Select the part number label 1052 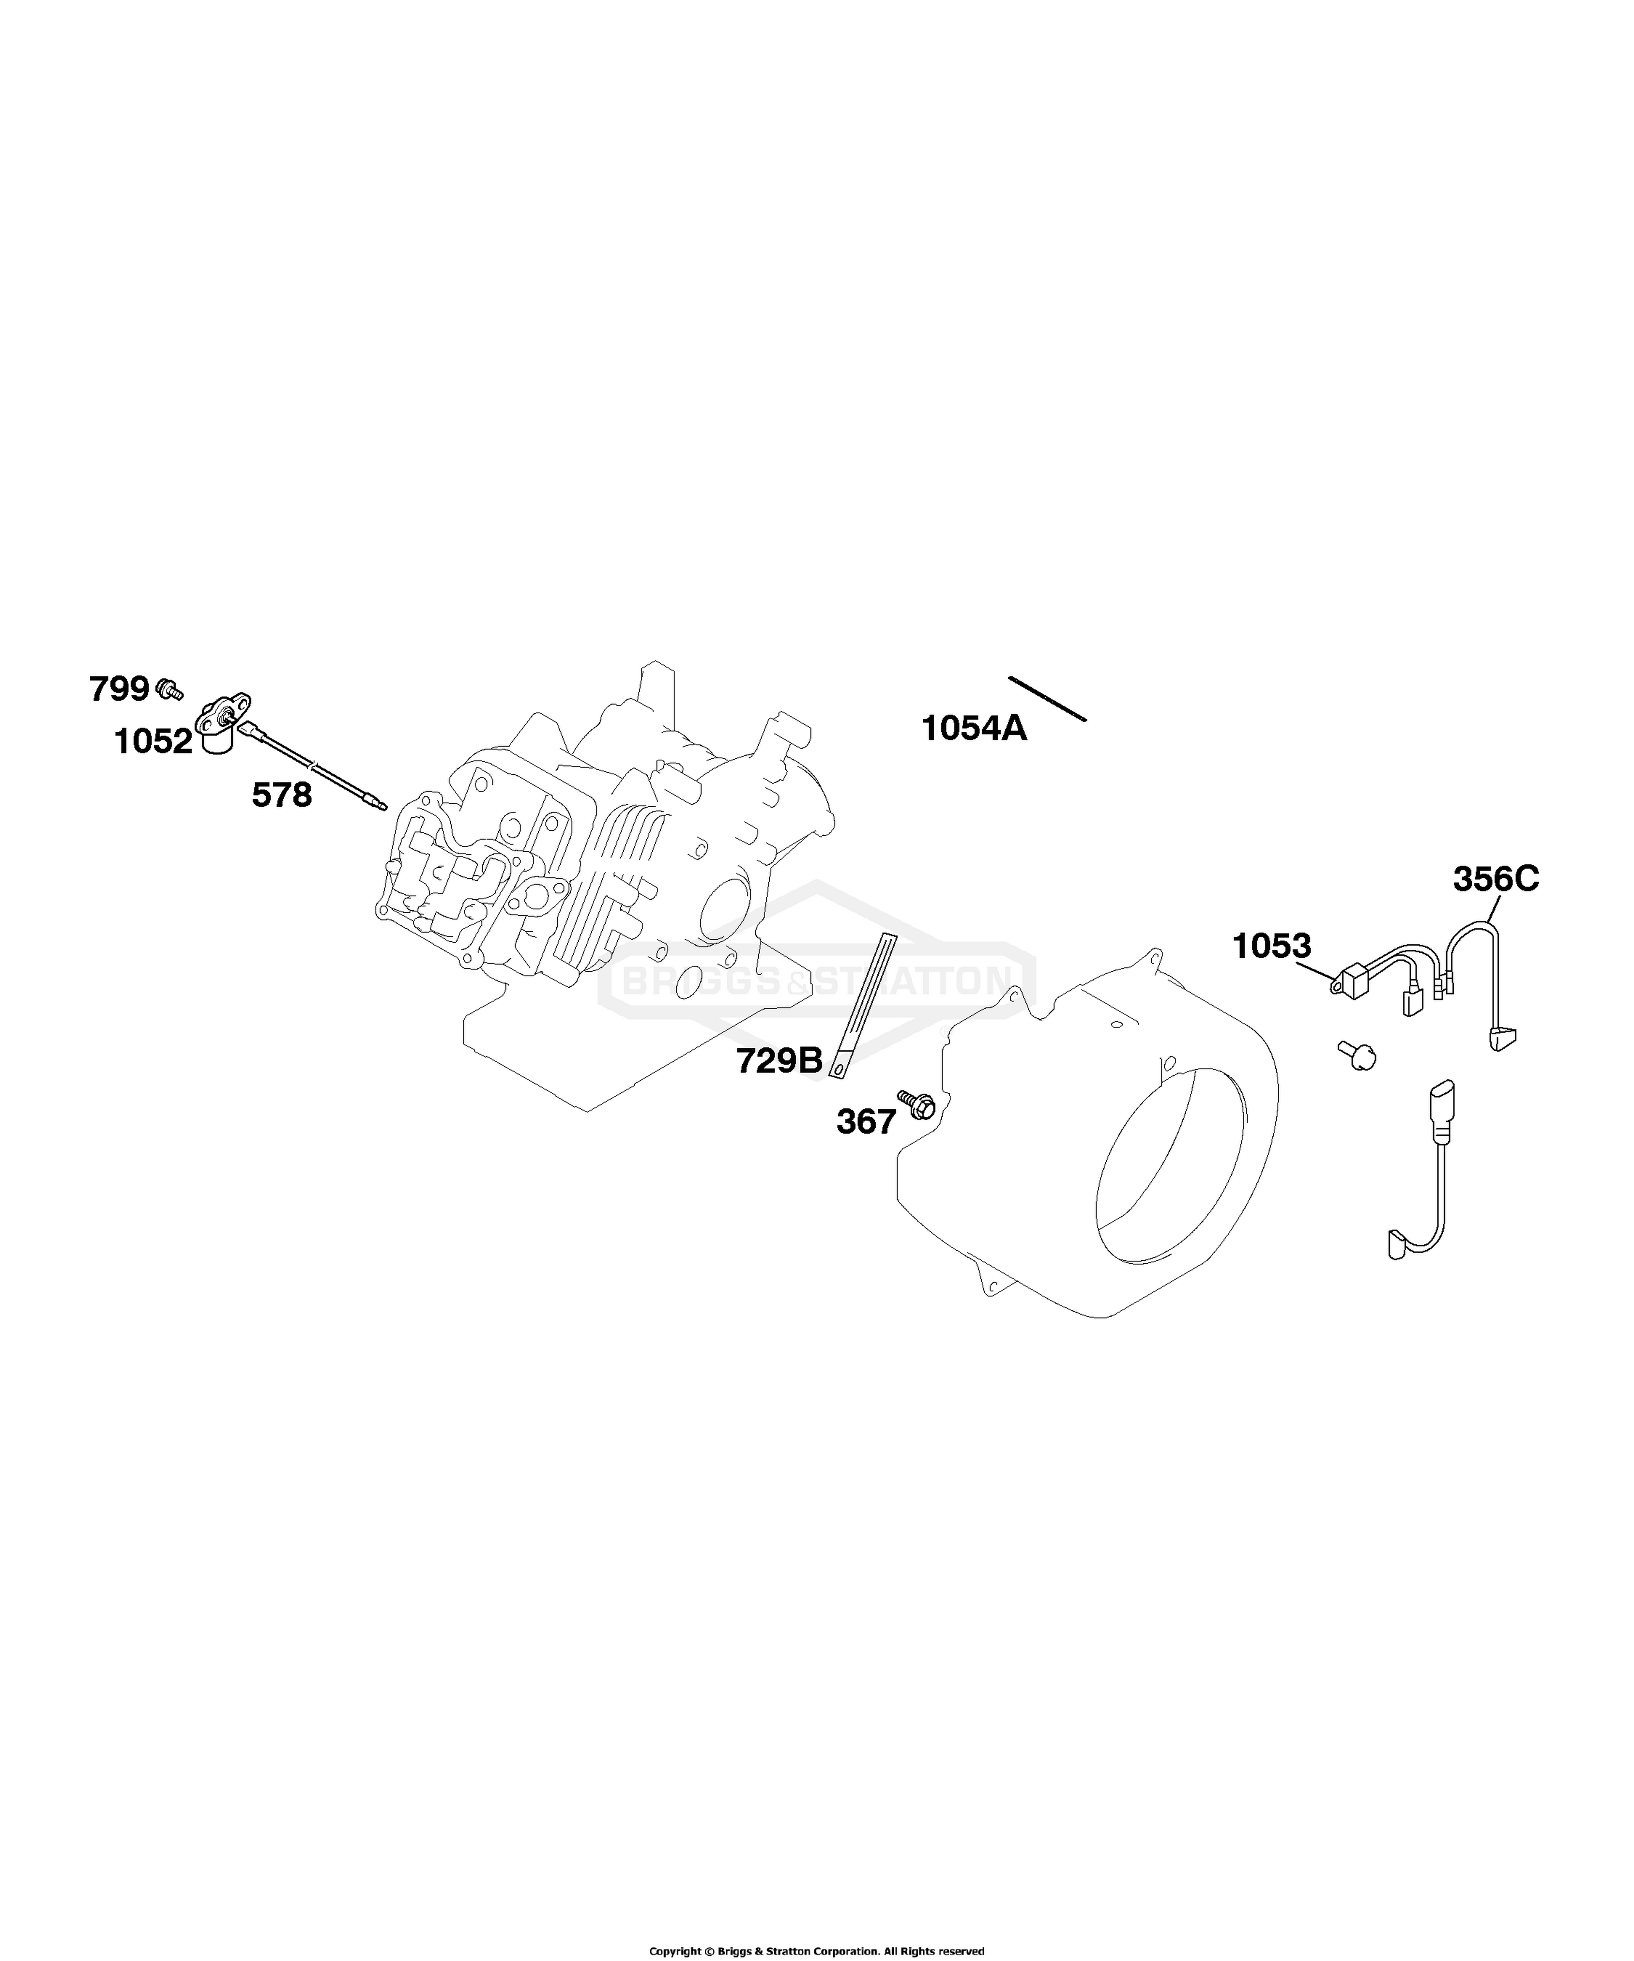pyautogui.click(x=153, y=741)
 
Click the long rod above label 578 pyautogui.click(x=313, y=766)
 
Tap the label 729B pyautogui.click(x=779, y=1061)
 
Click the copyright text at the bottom pyautogui.click(x=817, y=1951)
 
